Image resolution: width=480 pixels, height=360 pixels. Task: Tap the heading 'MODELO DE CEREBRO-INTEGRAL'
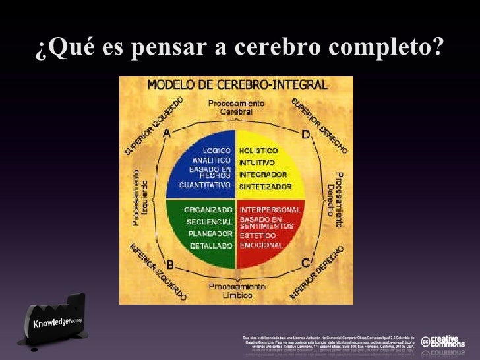237,85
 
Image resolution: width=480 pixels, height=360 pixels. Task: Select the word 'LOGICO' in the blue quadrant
216,150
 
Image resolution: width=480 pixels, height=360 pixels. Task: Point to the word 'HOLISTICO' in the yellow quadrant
258,150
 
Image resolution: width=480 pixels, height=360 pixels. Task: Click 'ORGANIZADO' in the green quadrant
208,209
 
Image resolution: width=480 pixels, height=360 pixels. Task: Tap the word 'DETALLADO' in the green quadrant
211,245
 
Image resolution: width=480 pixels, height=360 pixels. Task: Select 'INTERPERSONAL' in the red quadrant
270,209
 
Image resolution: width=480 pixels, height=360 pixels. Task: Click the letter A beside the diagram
167,133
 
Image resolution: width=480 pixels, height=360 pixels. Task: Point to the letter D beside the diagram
306,135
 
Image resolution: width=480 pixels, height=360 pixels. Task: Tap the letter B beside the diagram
169,265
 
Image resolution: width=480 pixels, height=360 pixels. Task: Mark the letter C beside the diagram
306,264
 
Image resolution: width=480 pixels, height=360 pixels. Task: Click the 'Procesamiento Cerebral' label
236,107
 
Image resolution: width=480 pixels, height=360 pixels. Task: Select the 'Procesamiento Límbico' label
237,291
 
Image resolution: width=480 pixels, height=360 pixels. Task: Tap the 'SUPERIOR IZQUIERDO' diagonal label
154,126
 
